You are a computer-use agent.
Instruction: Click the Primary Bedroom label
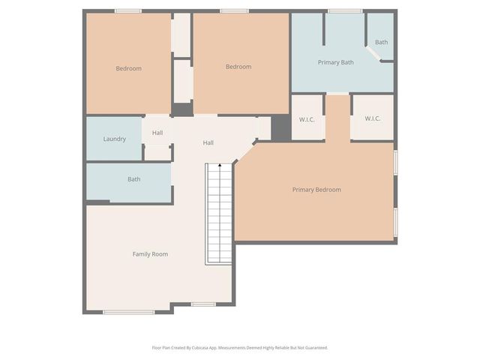pyautogui.click(x=316, y=190)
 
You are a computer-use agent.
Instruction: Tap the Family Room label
pyautogui.click(x=150, y=254)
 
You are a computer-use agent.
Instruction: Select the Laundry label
pyautogui.click(x=114, y=139)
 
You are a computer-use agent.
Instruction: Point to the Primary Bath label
pyautogui.click(x=335, y=62)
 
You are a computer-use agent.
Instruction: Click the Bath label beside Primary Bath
pyautogui.click(x=381, y=42)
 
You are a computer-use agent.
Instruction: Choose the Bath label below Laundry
pyautogui.click(x=133, y=179)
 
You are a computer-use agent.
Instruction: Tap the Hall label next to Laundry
pyautogui.click(x=157, y=133)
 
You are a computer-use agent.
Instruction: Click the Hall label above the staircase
pyautogui.click(x=208, y=142)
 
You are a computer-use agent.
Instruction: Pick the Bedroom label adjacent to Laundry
pyautogui.click(x=128, y=69)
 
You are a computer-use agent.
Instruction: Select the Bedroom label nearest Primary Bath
pyautogui.click(x=238, y=67)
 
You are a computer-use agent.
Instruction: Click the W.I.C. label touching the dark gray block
pyautogui.click(x=307, y=118)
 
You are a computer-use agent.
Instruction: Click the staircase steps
pyautogui.click(x=219, y=214)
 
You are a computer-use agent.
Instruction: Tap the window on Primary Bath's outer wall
pyautogui.click(x=345, y=10)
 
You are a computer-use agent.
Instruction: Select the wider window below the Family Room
pyautogui.click(x=128, y=312)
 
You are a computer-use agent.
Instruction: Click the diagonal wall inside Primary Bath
pyautogui.click(x=373, y=55)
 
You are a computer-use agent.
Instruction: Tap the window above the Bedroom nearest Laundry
pyautogui.click(x=127, y=10)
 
